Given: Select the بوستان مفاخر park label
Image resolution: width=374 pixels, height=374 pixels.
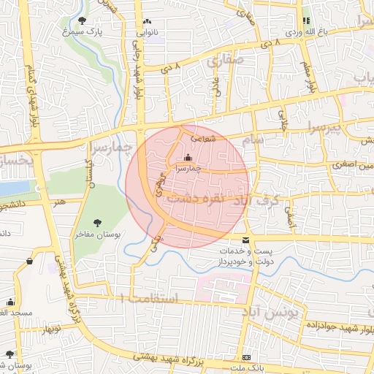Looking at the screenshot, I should [97, 235].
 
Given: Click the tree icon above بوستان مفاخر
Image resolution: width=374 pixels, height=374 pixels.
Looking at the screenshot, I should [98, 223].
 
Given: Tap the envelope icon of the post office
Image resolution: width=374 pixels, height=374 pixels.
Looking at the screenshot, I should [245, 240].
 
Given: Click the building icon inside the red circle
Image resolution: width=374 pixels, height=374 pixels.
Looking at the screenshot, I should [188, 157].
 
